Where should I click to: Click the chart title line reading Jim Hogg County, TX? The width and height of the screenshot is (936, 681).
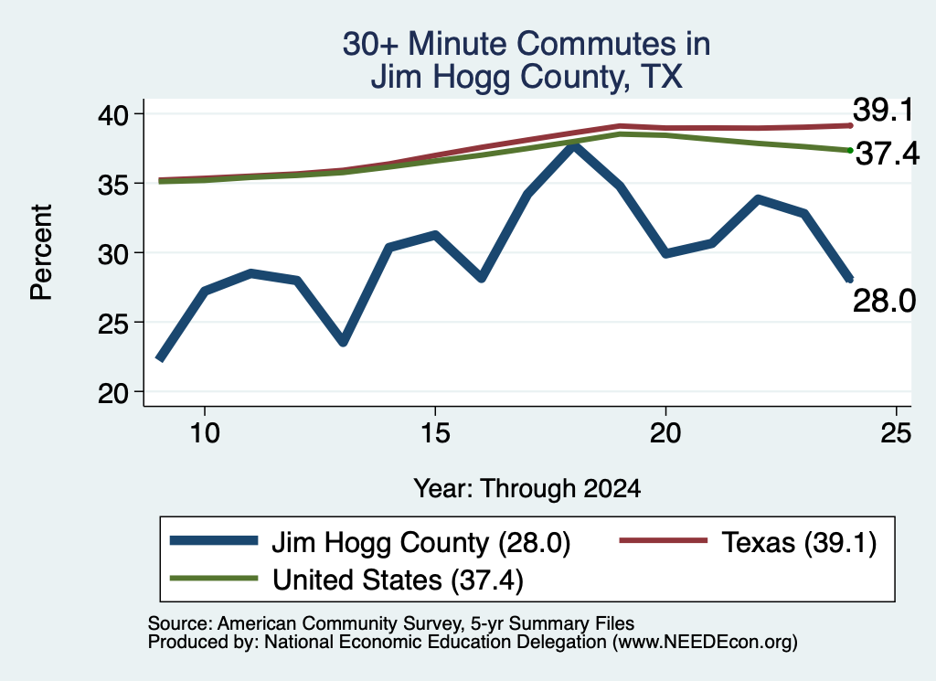(526, 77)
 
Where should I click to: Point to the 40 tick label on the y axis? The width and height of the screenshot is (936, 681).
(112, 114)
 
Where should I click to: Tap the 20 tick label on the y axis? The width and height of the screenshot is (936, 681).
(112, 393)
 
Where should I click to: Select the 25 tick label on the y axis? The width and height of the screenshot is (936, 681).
(112, 324)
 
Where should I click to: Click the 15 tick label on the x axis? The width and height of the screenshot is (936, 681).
(435, 432)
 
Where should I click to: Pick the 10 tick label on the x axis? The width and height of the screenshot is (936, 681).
(205, 432)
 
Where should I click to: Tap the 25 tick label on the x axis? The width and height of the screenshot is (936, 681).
(896, 432)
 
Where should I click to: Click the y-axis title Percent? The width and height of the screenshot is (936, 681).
(41, 252)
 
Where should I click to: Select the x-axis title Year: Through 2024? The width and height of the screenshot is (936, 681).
(527, 488)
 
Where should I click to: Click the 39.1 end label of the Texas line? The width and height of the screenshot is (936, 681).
(883, 111)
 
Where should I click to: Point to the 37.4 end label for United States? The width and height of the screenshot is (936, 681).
(888, 154)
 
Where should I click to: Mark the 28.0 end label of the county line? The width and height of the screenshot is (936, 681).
(884, 301)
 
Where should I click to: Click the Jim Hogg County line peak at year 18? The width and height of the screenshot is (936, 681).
(573, 146)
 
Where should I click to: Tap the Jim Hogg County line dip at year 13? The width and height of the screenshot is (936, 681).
(343, 342)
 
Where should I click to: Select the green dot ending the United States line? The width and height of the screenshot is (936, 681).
(850, 151)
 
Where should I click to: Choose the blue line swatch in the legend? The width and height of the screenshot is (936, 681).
(214, 541)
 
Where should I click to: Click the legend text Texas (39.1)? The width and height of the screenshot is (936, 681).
(799, 543)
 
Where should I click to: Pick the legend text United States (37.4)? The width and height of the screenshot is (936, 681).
(398, 580)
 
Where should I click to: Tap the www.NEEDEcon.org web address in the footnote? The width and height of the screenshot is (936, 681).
(705, 643)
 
